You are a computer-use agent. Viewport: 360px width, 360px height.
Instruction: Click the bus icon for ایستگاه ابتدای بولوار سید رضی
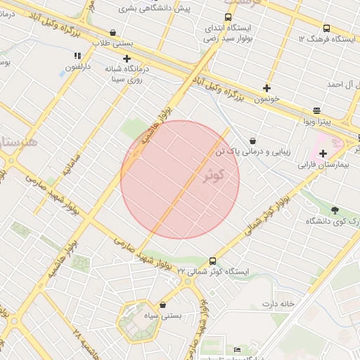click(x=227, y=18)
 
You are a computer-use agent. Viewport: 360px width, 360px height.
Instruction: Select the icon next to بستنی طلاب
click(x=113, y=32)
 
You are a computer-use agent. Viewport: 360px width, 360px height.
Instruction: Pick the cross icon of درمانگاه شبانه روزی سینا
click(x=127, y=59)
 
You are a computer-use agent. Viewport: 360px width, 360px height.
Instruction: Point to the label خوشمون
click(x=267, y=99)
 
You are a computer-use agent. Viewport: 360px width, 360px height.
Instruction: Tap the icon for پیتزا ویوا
click(x=317, y=110)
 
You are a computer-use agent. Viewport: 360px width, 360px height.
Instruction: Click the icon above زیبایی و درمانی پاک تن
click(x=252, y=141)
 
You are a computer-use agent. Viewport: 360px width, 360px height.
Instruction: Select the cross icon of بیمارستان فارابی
click(x=323, y=153)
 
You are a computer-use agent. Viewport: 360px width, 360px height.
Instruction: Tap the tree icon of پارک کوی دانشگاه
click(x=335, y=210)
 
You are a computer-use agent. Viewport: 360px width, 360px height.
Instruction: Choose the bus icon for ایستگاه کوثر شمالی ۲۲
click(x=213, y=260)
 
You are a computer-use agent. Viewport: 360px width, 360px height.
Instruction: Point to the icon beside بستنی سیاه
click(x=163, y=304)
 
